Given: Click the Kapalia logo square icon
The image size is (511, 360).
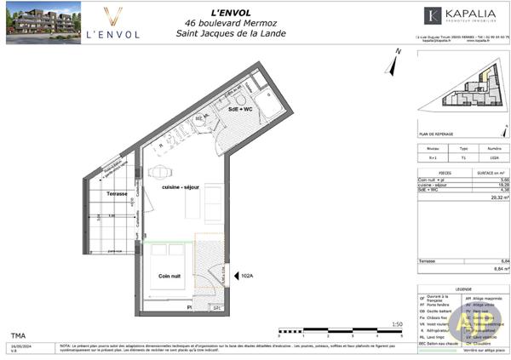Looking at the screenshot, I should (432, 15).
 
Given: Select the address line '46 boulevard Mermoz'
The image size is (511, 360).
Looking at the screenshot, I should (231, 24).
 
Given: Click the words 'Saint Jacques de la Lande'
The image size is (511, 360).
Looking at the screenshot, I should (231, 34).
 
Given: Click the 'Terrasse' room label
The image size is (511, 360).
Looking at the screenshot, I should (117, 194).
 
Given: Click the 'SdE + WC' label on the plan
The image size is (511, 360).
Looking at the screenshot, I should (241, 110).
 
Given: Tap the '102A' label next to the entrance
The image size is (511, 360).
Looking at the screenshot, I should (248, 275).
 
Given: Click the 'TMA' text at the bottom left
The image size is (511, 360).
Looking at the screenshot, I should (18, 335).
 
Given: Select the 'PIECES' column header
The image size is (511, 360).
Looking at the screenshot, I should (441, 172).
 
